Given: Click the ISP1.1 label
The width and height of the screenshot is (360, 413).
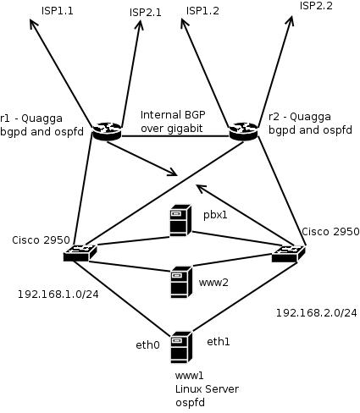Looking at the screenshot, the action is click(58, 11).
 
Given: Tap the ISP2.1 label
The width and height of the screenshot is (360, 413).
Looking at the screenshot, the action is click(146, 13).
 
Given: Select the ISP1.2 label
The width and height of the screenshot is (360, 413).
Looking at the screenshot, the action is click(202, 11).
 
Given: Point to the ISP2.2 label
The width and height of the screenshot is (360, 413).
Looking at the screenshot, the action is click(316, 6).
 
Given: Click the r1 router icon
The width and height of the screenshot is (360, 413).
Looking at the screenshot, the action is click(107, 131).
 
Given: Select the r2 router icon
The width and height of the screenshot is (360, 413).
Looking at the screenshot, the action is click(243, 131).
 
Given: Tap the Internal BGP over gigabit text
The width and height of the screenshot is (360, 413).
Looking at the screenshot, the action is click(173, 122).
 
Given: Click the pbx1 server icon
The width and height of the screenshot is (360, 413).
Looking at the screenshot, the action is click(180, 220).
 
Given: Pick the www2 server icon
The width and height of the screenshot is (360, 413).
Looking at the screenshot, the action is click(182, 283).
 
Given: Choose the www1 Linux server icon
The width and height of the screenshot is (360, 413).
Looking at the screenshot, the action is click(182, 347).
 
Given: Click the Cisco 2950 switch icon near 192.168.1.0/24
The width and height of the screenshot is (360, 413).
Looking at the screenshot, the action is click(80, 253).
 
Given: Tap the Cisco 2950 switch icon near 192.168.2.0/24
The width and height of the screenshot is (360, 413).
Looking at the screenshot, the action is click(289, 254).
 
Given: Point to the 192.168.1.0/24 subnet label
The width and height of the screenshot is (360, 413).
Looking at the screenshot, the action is click(58, 295).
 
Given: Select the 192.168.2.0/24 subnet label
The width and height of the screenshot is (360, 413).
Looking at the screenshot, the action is click(316, 313).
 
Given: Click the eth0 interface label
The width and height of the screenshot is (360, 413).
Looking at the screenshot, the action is click(148, 344).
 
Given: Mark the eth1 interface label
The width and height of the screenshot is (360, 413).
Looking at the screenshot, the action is click(219, 342).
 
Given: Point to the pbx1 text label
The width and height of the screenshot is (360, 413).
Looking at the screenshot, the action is click(215, 215).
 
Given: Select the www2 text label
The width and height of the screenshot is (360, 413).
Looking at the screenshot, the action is click(213, 283).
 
